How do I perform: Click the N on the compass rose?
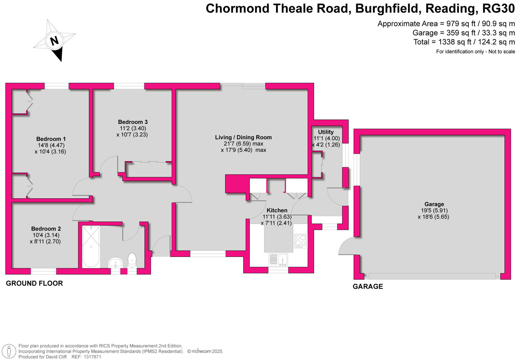click(x=55, y=41)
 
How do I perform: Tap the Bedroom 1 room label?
click(x=51, y=139)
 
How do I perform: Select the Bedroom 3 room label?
click(x=133, y=122)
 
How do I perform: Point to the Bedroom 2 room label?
click(x=46, y=229)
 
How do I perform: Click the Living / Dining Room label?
click(x=243, y=138)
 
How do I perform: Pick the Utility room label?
click(x=326, y=132)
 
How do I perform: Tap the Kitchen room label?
click(x=277, y=210)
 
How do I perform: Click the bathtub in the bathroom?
click(x=91, y=247)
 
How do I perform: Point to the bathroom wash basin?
click(x=115, y=263)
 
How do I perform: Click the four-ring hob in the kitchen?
click(x=301, y=241)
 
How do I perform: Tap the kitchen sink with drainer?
click(x=278, y=260)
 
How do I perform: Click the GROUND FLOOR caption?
click(x=34, y=283)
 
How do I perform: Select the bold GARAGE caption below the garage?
click(x=368, y=286)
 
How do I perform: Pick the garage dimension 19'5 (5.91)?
click(x=434, y=211)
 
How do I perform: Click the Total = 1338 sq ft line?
click(x=464, y=42)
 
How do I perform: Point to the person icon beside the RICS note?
click(x=9, y=351)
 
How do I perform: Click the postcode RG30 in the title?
click(x=499, y=8)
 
